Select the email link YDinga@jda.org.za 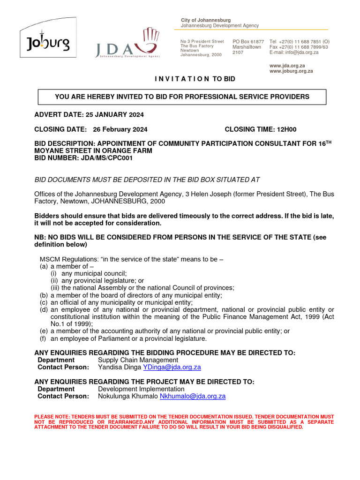[172, 367]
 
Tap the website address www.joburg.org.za [291, 71]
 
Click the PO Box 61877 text [248, 42]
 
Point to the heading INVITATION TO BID [195, 79]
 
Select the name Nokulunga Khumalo [128, 396]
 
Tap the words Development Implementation [141, 389]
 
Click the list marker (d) [44, 309]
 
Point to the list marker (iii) [55, 288]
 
